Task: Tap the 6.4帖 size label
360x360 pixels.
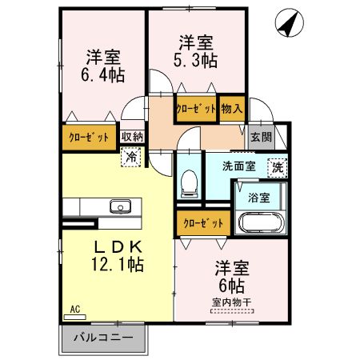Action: point(103,74)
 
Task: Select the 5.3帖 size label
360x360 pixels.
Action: point(195,58)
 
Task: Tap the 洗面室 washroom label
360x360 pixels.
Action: point(239,166)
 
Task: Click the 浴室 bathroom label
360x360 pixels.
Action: point(258,196)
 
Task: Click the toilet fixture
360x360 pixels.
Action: point(190,183)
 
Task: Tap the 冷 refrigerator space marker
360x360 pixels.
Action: point(130,158)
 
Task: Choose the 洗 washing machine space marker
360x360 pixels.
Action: point(276,167)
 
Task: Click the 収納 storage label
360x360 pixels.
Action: point(132,136)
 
